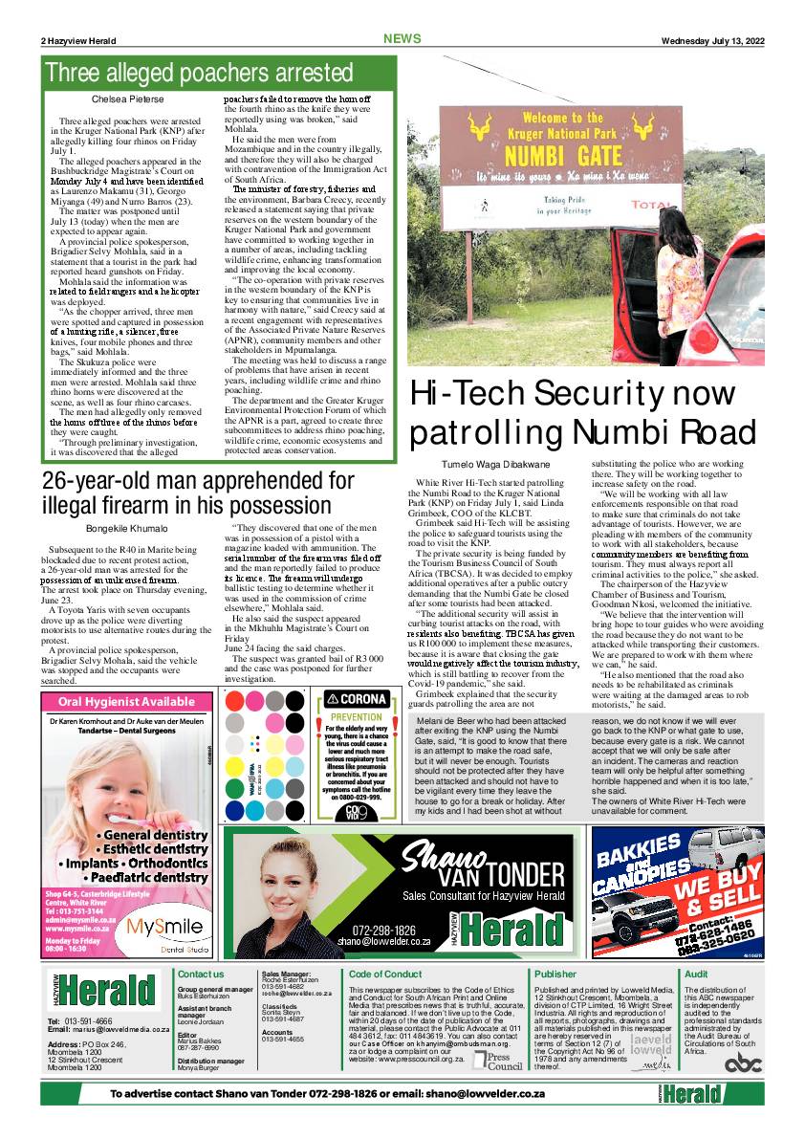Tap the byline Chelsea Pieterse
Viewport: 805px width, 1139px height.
127,99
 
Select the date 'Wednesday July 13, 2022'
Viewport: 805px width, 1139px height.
712,40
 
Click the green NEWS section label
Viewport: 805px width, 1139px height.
402,39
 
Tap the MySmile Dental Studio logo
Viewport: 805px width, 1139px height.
164,928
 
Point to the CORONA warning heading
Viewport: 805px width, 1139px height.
357,699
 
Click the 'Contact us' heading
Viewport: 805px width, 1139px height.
201,975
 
